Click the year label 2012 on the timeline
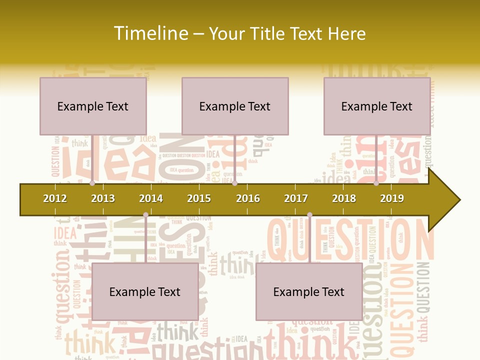tap(55, 198)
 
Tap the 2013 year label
tap(103, 198)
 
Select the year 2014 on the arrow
tap(151, 198)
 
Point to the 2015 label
tap(199, 198)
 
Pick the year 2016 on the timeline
tap(248, 198)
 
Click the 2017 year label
tap(296, 198)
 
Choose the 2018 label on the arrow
tap(344, 198)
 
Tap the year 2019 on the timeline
tap(392, 198)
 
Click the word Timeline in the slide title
tap(150, 33)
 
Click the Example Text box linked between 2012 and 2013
tap(93, 106)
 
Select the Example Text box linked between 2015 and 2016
tap(235, 106)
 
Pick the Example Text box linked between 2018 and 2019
tap(377, 106)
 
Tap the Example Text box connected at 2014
tap(145, 291)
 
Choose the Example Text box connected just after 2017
tap(309, 291)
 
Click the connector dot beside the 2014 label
tap(145, 215)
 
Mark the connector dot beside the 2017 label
tap(309, 215)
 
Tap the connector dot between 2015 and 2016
tap(234, 183)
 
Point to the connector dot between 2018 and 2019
tap(376, 183)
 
